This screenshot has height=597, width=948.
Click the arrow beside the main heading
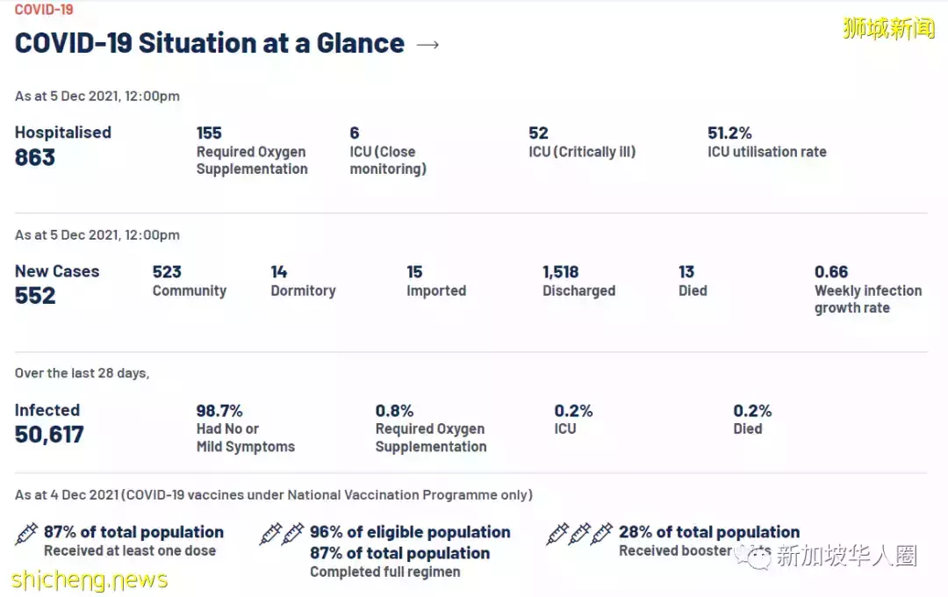click(427, 45)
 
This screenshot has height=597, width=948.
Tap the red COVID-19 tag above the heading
click(44, 10)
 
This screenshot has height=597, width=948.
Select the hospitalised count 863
click(35, 158)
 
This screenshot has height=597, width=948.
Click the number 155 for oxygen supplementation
click(209, 133)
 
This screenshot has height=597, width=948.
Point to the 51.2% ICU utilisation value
click(729, 133)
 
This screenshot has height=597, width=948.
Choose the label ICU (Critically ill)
click(582, 152)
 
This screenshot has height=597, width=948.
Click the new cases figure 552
click(35, 297)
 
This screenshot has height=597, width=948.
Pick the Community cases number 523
click(167, 272)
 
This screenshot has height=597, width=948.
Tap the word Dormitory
click(303, 291)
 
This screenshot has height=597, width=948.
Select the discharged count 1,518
click(560, 272)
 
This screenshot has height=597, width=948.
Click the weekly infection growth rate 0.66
click(831, 272)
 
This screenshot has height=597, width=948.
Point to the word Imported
click(436, 291)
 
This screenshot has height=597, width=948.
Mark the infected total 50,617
click(49, 435)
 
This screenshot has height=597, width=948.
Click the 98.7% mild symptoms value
click(219, 411)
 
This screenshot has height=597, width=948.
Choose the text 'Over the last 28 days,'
click(82, 373)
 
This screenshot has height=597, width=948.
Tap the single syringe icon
click(27, 534)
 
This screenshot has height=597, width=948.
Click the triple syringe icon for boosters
click(579, 534)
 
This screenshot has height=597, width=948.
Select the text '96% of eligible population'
click(410, 532)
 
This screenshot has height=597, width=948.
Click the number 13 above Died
click(686, 272)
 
